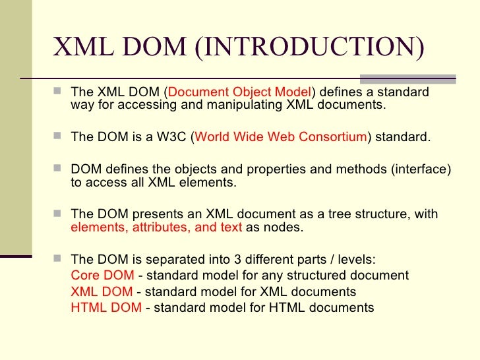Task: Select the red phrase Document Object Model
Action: point(241,92)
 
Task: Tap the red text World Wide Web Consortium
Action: point(280,137)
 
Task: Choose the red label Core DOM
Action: point(102,275)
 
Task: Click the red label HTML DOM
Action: point(105,307)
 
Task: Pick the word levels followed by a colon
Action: point(359,259)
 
